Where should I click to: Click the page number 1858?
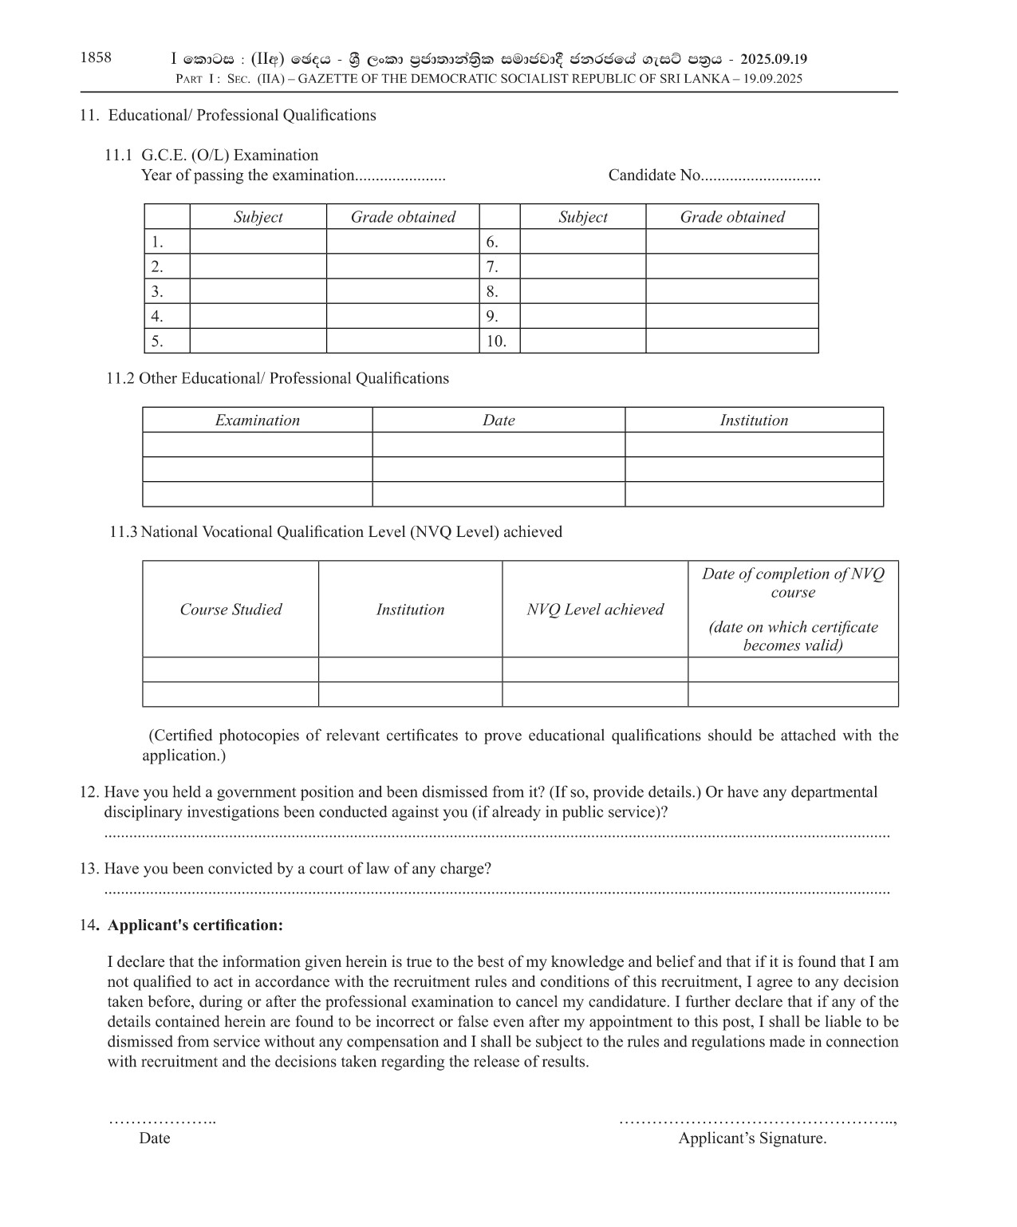pyautogui.click(x=96, y=57)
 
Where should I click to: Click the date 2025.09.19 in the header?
pyautogui.click(x=773, y=59)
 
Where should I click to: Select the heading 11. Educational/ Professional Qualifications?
pyautogui.click(x=227, y=116)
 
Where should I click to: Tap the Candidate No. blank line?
pyautogui.click(x=761, y=176)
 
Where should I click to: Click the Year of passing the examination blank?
pyautogui.click(x=400, y=176)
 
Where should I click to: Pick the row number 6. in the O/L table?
pyautogui.click(x=492, y=242)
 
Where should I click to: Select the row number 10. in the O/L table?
pyautogui.click(x=496, y=341)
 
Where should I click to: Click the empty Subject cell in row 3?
pyautogui.click(x=258, y=291)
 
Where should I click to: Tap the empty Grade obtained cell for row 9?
pyautogui.click(x=731, y=316)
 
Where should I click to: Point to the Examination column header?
pyautogui.click(x=257, y=420)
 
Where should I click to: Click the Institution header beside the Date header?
pyautogui.click(x=754, y=420)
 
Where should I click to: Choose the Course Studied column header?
pyautogui.click(x=231, y=610)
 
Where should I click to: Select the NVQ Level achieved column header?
pyautogui.click(x=595, y=610)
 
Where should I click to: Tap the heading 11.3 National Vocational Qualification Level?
pyautogui.click(x=336, y=532)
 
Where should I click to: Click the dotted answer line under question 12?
pyautogui.click(x=496, y=834)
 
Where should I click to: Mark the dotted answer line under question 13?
pyautogui.click(x=496, y=891)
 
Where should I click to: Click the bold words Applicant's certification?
pyautogui.click(x=195, y=925)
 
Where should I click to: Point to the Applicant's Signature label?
pyautogui.click(x=752, y=1138)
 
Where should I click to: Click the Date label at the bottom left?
pyautogui.click(x=155, y=1138)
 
